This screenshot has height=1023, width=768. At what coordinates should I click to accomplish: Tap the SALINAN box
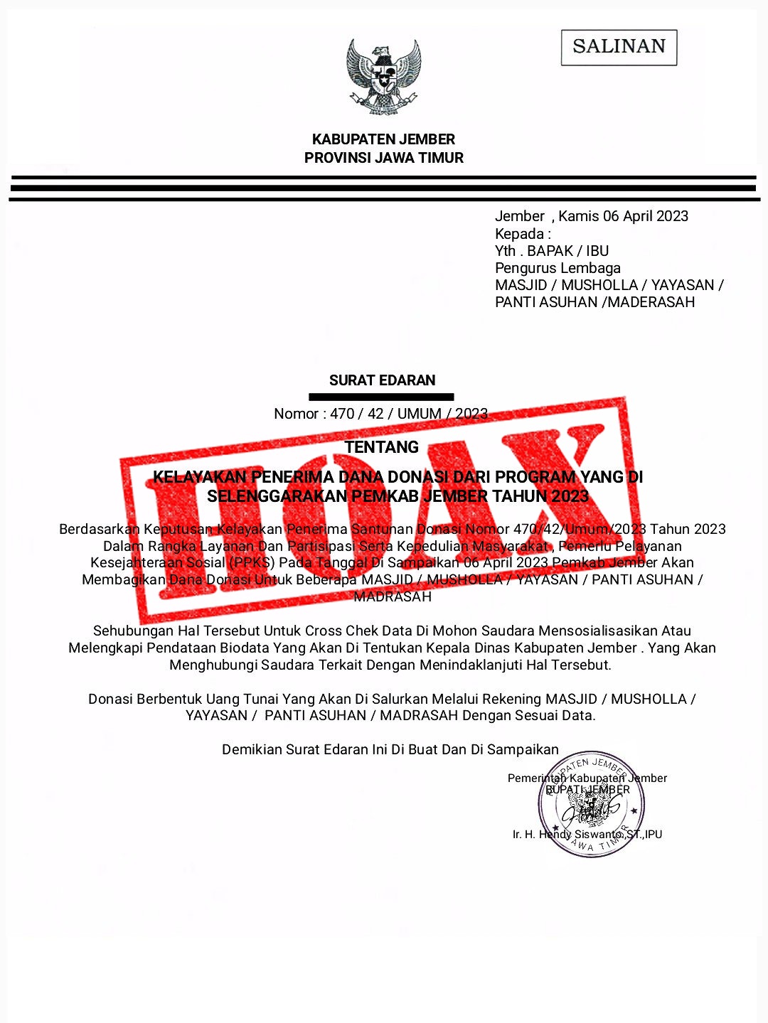pyautogui.click(x=619, y=47)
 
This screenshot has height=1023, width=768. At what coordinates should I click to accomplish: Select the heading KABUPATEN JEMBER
pyautogui.click(x=383, y=139)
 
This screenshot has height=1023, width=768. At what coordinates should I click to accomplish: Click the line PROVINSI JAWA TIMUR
pyautogui.click(x=383, y=158)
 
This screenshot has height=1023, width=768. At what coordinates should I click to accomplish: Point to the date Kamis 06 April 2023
pyautogui.click(x=623, y=216)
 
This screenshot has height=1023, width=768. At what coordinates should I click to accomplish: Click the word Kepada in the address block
pyautogui.click(x=519, y=234)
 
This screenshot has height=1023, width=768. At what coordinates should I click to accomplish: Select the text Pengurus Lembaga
pyautogui.click(x=558, y=268)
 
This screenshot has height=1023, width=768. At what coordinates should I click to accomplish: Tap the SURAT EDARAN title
pyautogui.click(x=382, y=380)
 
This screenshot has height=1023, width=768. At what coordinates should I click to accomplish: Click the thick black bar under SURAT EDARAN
pyautogui.click(x=381, y=397)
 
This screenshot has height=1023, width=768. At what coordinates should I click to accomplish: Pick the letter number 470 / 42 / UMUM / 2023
pyautogui.click(x=409, y=414)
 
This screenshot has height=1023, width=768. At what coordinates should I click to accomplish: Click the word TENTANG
pyautogui.click(x=382, y=447)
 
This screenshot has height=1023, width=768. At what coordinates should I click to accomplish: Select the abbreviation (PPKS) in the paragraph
pyautogui.click(x=251, y=562)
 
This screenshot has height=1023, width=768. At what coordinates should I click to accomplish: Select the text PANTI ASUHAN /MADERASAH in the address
pyautogui.click(x=594, y=302)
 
